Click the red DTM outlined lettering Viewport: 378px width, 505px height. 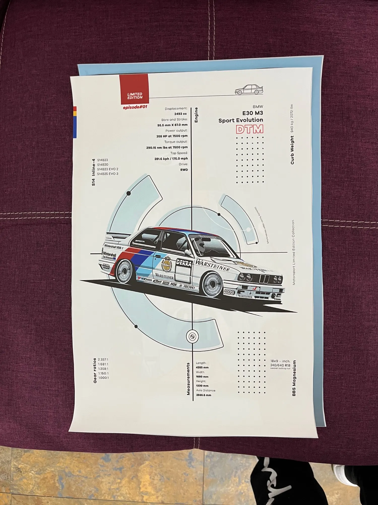click(249, 129)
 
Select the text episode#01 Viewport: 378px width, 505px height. click(135, 107)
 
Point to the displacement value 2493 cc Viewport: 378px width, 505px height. click(180, 114)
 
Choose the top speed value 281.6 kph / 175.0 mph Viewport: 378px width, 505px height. click(171, 159)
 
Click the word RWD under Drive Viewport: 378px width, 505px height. click(184, 170)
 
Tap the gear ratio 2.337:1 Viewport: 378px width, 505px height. click(103, 360)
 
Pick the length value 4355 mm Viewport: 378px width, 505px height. click(202, 367)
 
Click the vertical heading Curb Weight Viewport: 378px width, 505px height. click(292, 150)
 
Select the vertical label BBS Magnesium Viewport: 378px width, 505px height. click(294, 378)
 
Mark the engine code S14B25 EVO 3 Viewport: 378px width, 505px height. click(108, 174)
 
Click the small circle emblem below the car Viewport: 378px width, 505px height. click(192, 336)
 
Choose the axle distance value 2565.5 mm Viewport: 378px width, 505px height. click(203, 395)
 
